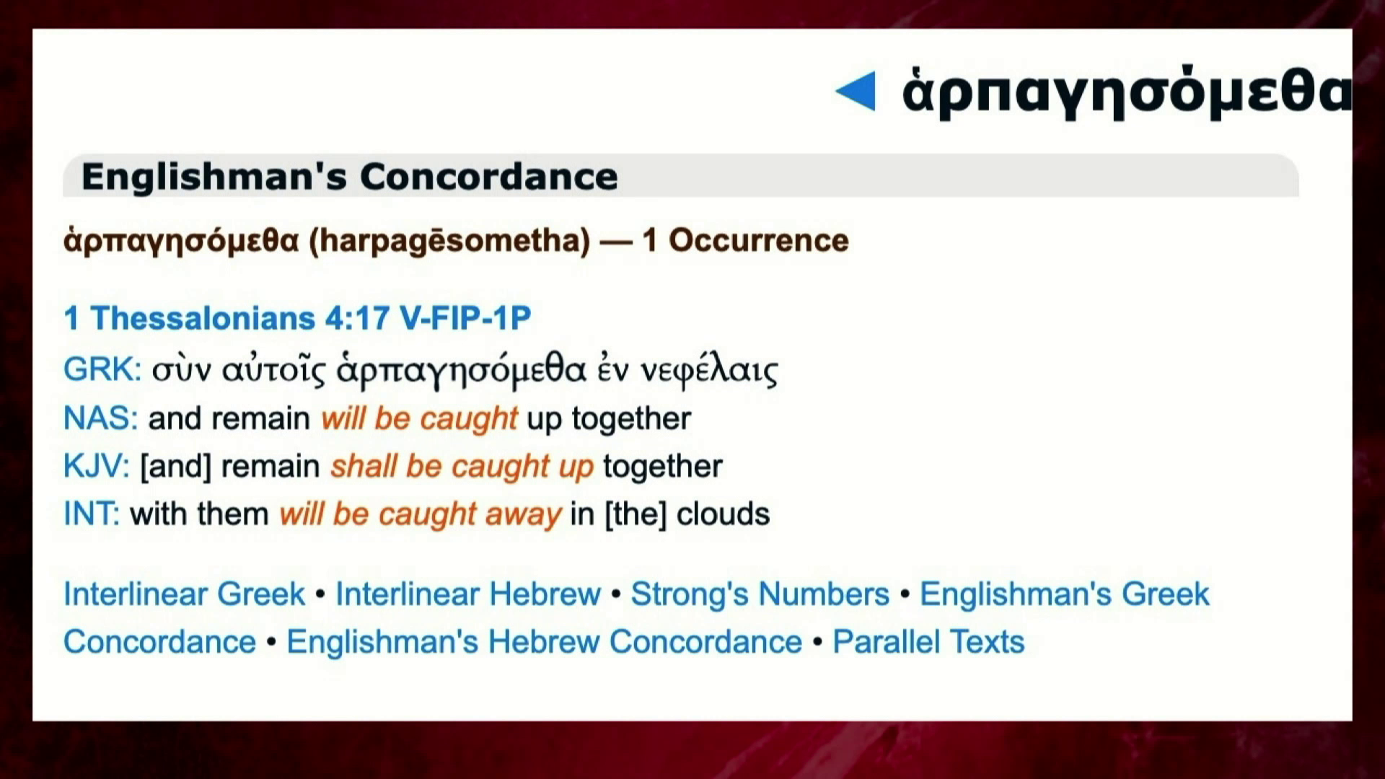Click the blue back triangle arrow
click(x=856, y=91)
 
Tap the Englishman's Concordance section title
click(x=350, y=176)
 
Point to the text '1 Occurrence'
click(x=745, y=240)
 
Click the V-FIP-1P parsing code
click(x=465, y=318)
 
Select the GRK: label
click(x=102, y=369)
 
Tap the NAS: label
click(x=101, y=418)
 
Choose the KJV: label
click(x=97, y=466)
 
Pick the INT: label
click(x=92, y=514)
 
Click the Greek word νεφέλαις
click(x=710, y=371)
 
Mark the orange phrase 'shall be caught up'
click(x=462, y=467)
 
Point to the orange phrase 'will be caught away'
click(x=421, y=514)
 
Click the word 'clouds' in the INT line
click(x=724, y=514)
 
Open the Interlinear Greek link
click(x=185, y=594)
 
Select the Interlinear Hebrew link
click(x=468, y=594)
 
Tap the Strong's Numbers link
click(x=760, y=594)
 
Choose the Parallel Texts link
click(x=929, y=642)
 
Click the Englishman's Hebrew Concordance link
click(x=545, y=642)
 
